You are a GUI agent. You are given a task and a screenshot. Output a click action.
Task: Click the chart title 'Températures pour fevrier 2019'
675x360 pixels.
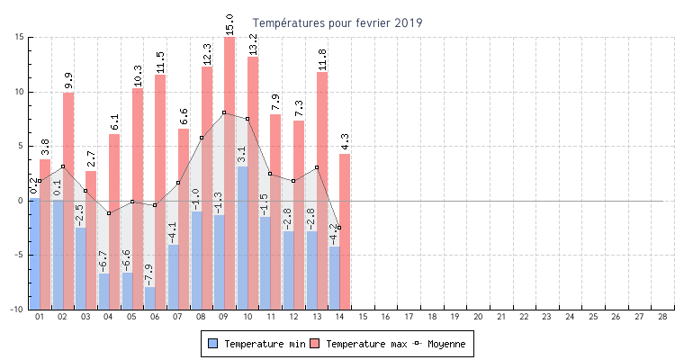[x=337, y=22]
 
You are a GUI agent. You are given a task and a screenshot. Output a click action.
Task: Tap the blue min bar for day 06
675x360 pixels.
[x=149, y=298]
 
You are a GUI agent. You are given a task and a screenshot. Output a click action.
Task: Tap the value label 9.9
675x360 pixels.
[x=68, y=80]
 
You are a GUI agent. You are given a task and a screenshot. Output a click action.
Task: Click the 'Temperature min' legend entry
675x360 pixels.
[x=256, y=344]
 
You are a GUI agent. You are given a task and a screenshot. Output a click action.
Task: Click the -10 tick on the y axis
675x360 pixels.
[x=17, y=310]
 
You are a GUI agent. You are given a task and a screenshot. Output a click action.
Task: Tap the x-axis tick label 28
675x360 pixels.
[x=662, y=317]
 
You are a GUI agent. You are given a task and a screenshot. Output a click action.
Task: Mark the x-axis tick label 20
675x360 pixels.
[x=478, y=317]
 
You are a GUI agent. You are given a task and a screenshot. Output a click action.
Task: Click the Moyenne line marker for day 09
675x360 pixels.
[x=224, y=112]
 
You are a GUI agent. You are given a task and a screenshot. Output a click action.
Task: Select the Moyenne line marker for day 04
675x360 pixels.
[x=109, y=213]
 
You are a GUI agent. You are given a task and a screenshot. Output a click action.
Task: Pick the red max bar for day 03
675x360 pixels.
[x=92, y=238]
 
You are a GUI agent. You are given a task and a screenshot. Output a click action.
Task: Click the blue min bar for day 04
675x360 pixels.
[x=103, y=291]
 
